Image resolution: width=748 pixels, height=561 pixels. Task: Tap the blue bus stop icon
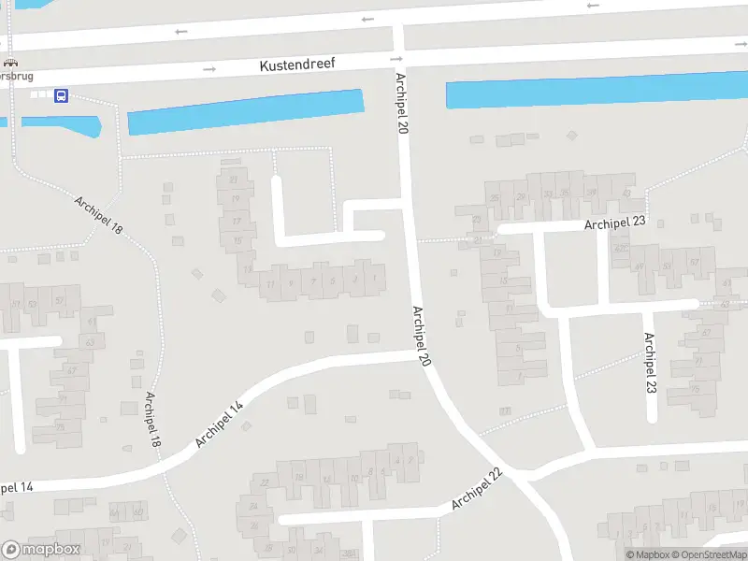[x=61, y=95]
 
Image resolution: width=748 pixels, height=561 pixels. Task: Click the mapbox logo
[x=40, y=550]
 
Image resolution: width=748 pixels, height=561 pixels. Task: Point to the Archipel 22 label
[x=477, y=489]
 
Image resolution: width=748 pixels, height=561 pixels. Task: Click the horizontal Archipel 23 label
[x=616, y=223]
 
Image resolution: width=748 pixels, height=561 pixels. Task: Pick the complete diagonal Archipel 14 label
[x=219, y=423]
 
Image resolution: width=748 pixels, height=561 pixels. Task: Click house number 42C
[x=620, y=249]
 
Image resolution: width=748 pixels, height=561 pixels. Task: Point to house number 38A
[x=349, y=554]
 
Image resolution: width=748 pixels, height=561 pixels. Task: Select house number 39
[x=591, y=194]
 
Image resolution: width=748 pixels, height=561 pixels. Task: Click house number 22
[x=265, y=482]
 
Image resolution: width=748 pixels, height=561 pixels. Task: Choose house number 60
[x=137, y=512]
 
